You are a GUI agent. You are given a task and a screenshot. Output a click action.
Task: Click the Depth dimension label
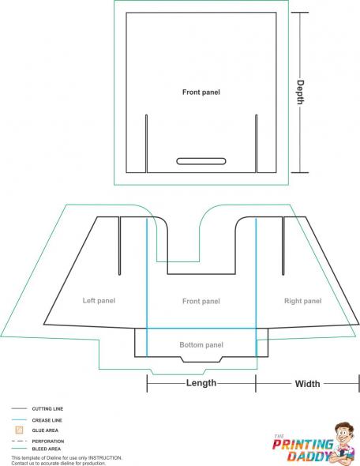(x=300, y=92)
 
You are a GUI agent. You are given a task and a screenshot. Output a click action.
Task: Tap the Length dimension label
(x=201, y=383)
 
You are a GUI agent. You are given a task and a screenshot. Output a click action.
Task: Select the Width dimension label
(x=307, y=384)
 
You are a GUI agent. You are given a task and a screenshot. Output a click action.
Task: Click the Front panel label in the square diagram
(x=201, y=92)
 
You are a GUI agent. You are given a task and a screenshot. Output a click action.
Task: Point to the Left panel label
(x=99, y=301)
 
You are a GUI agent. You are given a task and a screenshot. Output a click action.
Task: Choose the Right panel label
(x=302, y=301)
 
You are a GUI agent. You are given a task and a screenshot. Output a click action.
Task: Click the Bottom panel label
(x=201, y=344)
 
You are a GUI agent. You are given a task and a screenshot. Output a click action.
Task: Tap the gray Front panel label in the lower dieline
(x=201, y=301)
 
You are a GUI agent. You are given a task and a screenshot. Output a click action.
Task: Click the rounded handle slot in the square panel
(x=201, y=161)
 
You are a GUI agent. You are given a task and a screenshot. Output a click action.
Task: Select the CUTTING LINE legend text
(x=47, y=408)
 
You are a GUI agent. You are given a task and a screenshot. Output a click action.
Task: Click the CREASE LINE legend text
(x=47, y=420)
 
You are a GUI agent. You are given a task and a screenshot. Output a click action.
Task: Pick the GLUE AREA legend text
(x=45, y=430)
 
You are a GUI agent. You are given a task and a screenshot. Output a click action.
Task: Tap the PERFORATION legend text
(x=48, y=442)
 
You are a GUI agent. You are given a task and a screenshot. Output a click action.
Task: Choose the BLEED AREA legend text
(x=47, y=449)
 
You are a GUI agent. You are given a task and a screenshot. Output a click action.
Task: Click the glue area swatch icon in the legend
(x=19, y=430)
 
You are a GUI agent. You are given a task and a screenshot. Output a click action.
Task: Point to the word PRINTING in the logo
(x=302, y=445)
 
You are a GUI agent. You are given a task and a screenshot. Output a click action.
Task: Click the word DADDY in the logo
(x=309, y=456)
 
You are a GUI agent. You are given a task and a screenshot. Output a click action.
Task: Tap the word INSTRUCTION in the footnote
(x=105, y=458)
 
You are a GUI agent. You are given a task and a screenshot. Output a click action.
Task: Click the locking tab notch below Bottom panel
(x=201, y=359)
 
